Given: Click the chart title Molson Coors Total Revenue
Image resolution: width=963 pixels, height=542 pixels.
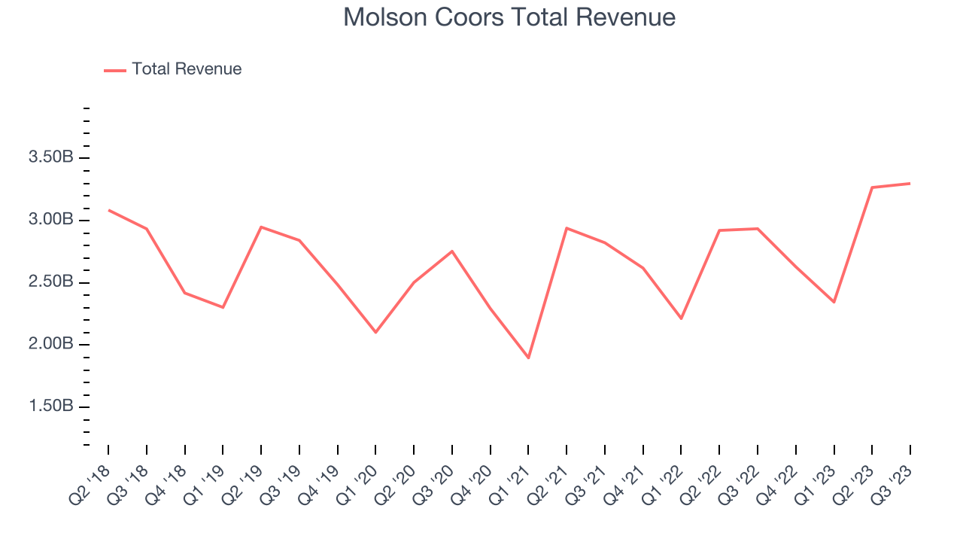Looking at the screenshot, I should point(509,17).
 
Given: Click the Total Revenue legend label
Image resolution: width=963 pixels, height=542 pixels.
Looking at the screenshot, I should point(187,69).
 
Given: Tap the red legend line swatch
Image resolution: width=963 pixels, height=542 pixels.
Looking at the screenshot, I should point(115,70).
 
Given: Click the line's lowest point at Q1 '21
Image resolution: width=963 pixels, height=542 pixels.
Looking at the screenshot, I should point(528,358).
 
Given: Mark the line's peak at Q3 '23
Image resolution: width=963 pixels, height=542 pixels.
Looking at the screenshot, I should point(910,183).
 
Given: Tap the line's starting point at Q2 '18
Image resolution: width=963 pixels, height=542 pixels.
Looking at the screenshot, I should point(108,210).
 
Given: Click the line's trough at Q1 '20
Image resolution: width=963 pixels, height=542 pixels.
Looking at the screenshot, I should point(375,332).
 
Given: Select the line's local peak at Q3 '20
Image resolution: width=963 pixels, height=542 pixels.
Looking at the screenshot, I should point(452,251).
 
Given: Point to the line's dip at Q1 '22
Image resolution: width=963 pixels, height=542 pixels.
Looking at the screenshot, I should point(681,318).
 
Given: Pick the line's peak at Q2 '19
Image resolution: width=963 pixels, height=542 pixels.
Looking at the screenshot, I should point(261,227).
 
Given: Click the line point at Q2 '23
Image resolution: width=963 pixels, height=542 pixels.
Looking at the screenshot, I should point(872,187).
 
